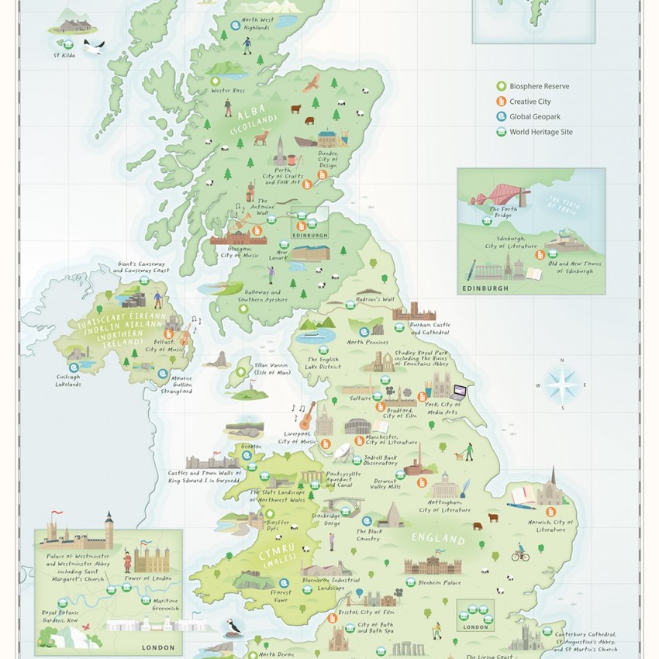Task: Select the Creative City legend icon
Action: tap(502, 102)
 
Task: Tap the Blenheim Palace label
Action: tap(440, 582)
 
